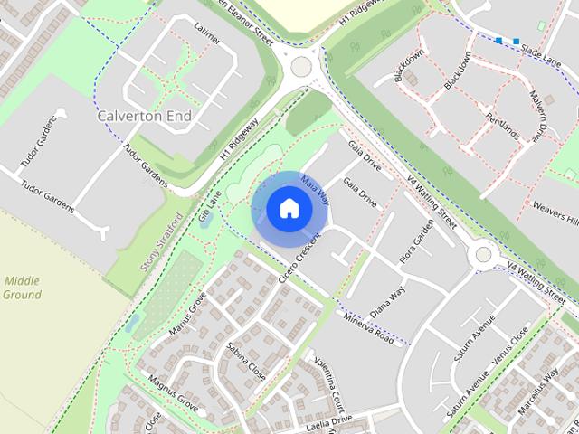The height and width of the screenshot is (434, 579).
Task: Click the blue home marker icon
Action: coord(288,209)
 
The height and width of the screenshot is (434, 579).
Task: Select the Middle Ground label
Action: coord(22,288)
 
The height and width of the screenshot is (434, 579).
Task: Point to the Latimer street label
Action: coord(208,34)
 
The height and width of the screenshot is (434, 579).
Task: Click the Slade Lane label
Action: coord(541,56)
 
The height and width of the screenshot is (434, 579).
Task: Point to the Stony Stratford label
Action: coord(163,241)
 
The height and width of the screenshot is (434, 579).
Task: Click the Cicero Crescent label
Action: coord(301,256)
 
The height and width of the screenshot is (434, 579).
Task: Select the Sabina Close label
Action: coord(245,360)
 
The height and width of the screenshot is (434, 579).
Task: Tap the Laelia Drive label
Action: coord(327,422)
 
